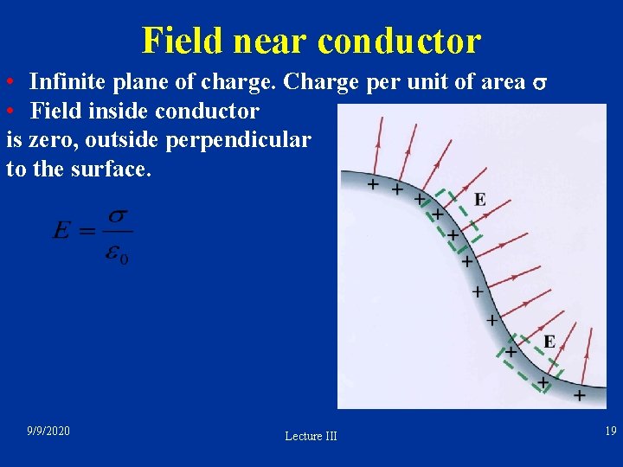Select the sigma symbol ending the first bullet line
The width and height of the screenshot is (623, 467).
coord(538,84)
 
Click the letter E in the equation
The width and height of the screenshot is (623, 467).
coord(62,230)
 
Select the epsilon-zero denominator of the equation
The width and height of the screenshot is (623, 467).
coord(118,253)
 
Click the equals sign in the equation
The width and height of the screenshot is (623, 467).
coord(88,231)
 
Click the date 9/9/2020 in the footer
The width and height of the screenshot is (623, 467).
coord(48,431)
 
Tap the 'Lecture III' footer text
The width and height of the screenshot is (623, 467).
coord(311,436)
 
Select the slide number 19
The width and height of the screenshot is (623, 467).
coord(610,431)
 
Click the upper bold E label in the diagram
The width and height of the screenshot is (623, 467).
coord(479,200)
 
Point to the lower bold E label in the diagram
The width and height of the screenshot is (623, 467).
coord(549,341)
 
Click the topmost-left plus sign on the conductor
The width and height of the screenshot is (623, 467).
coord(373,184)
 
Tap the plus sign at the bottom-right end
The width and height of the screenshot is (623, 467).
coord(579,394)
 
